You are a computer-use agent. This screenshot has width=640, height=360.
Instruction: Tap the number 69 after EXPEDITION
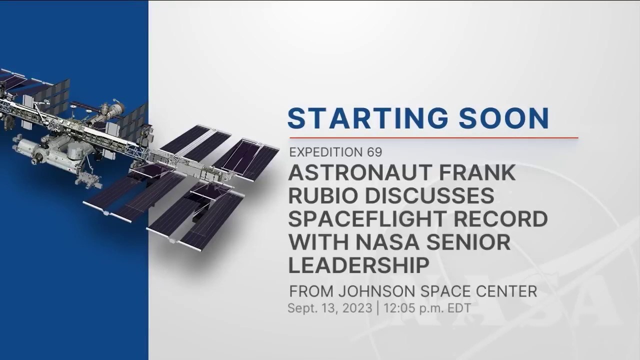tap(373, 151)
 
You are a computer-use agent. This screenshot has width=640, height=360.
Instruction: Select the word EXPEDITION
tap(326, 151)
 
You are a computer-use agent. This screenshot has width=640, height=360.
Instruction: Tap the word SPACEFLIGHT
tap(369, 219)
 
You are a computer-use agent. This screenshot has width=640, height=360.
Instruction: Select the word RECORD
tap(502, 219)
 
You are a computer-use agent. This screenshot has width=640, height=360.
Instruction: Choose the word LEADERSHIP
tap(359, 265)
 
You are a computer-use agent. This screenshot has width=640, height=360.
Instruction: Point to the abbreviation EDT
tap(458, 308)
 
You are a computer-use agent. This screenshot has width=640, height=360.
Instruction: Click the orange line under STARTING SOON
tap(433, 137)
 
